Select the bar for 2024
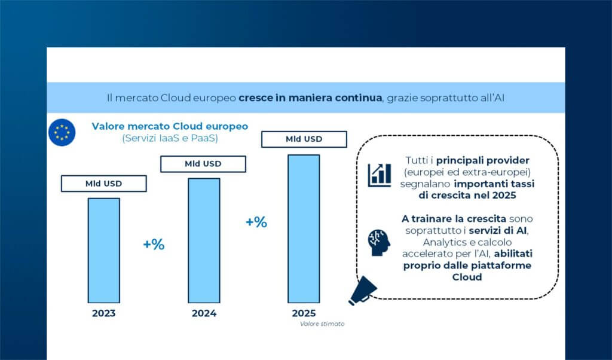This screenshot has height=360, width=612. click(204, 239)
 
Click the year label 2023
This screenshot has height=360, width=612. click(104, 313)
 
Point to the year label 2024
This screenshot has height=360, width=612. click(204, 313)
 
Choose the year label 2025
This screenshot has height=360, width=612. click(304, 313)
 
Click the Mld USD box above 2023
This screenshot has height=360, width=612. click(103, 184)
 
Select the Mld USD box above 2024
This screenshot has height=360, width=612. click(203, 164)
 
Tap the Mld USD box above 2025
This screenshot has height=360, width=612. click(304, 139)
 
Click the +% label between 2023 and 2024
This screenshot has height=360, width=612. click(154, 245)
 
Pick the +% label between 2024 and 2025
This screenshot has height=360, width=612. click(256, 222)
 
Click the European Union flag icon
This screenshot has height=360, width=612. click(62, 132)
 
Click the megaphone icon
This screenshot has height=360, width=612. click(362, 291)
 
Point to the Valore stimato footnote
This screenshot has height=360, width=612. click(323, 324)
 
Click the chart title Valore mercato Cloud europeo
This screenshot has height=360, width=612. click(170, 127)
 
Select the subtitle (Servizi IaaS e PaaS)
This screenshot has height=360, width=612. click(170, 138)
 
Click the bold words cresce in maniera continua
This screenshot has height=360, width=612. click(310, 97)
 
